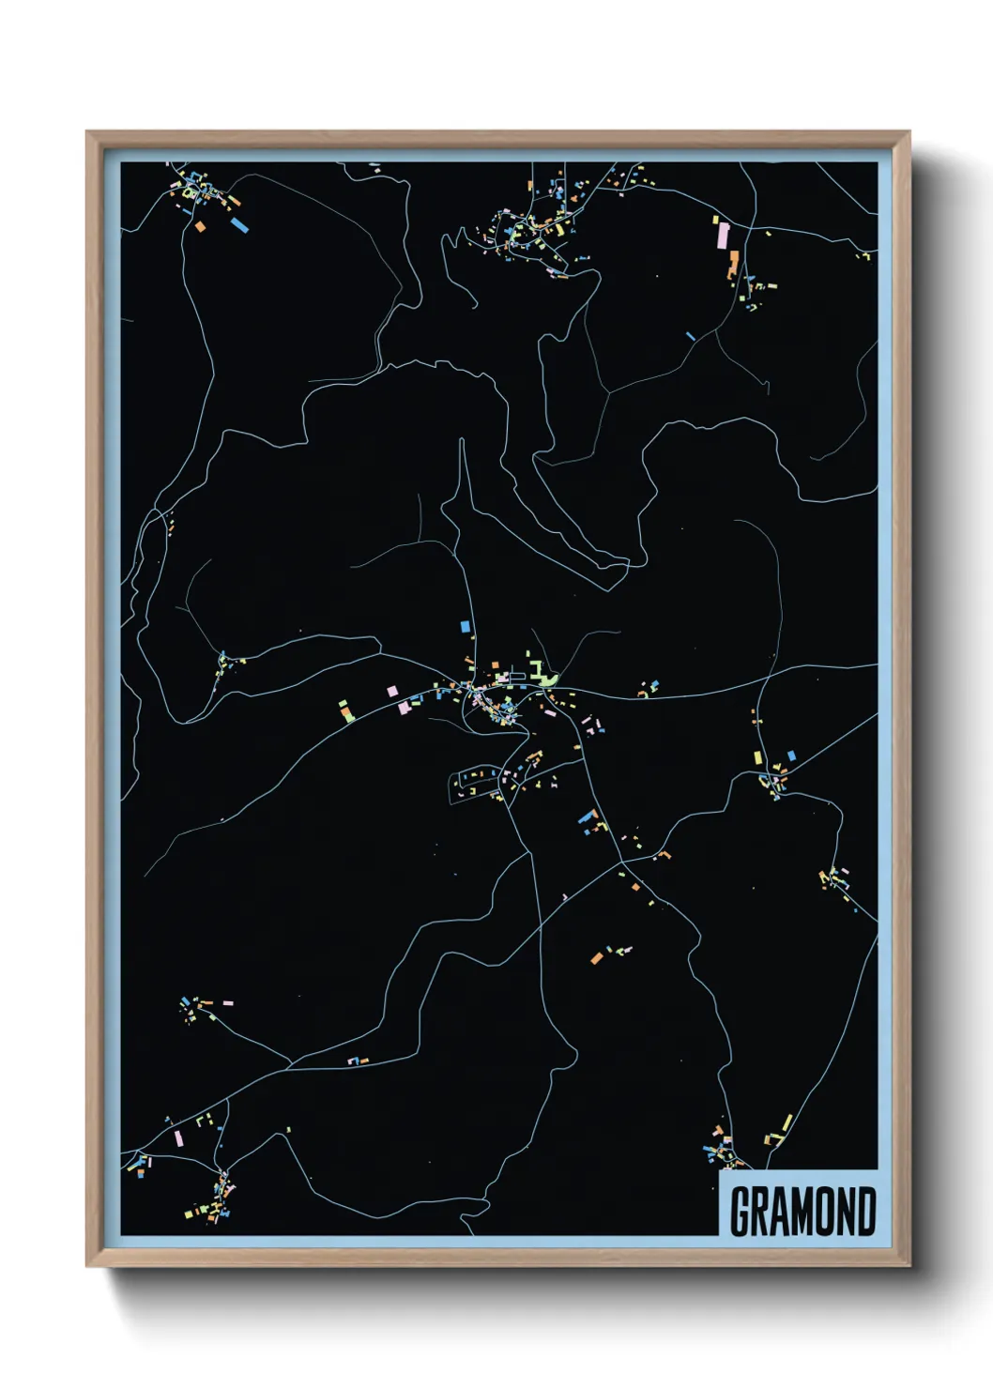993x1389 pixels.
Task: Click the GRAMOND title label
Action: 802,1211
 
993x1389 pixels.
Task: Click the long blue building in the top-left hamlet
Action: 239,224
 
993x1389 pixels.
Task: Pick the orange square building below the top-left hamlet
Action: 200,226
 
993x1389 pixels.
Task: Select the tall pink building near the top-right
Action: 723,235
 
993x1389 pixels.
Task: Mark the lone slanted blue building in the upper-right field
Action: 691,335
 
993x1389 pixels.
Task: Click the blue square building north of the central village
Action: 464,626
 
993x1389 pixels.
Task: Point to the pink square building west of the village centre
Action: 392,691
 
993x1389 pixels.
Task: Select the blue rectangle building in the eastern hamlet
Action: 790,755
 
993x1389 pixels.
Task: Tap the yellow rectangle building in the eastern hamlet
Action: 757,757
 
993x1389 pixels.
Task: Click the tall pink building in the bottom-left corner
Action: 177,1138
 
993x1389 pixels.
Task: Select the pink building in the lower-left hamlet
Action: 227,1003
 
